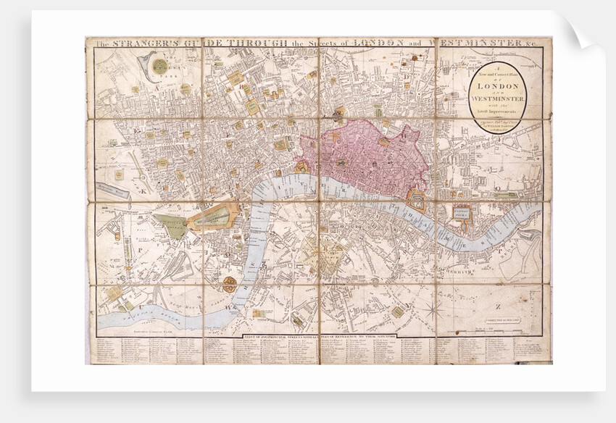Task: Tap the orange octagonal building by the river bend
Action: (230, 284)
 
